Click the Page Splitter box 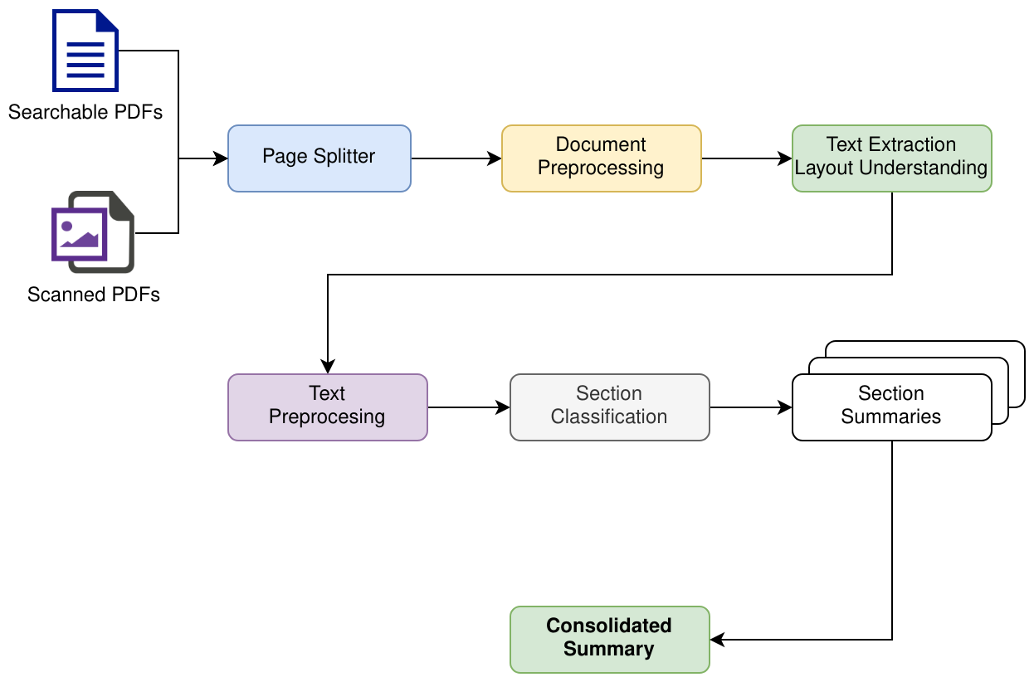(x=319, y=158)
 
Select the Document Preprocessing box (x=601, y=158)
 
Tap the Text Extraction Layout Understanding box (x=891, y=158)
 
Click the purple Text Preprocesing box (x=327, y=407)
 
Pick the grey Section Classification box (x=609, y=407)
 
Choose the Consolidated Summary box (x=609, y=639)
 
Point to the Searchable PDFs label (x=85, y=111)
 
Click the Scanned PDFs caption (x=93, y=295)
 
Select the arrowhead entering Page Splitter (x=221, y=158)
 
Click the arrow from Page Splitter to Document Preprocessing (x=456, y=158)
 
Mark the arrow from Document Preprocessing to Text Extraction (x=746, y=158)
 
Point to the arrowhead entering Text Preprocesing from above (x=328, y=367)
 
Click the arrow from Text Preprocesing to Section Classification (x=468, y=407)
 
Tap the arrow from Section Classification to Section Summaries (x=750, y=407)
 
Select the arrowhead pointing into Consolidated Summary (x=718, y=640)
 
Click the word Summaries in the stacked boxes (x=891, y=417)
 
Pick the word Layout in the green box (x=824, y=168)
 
